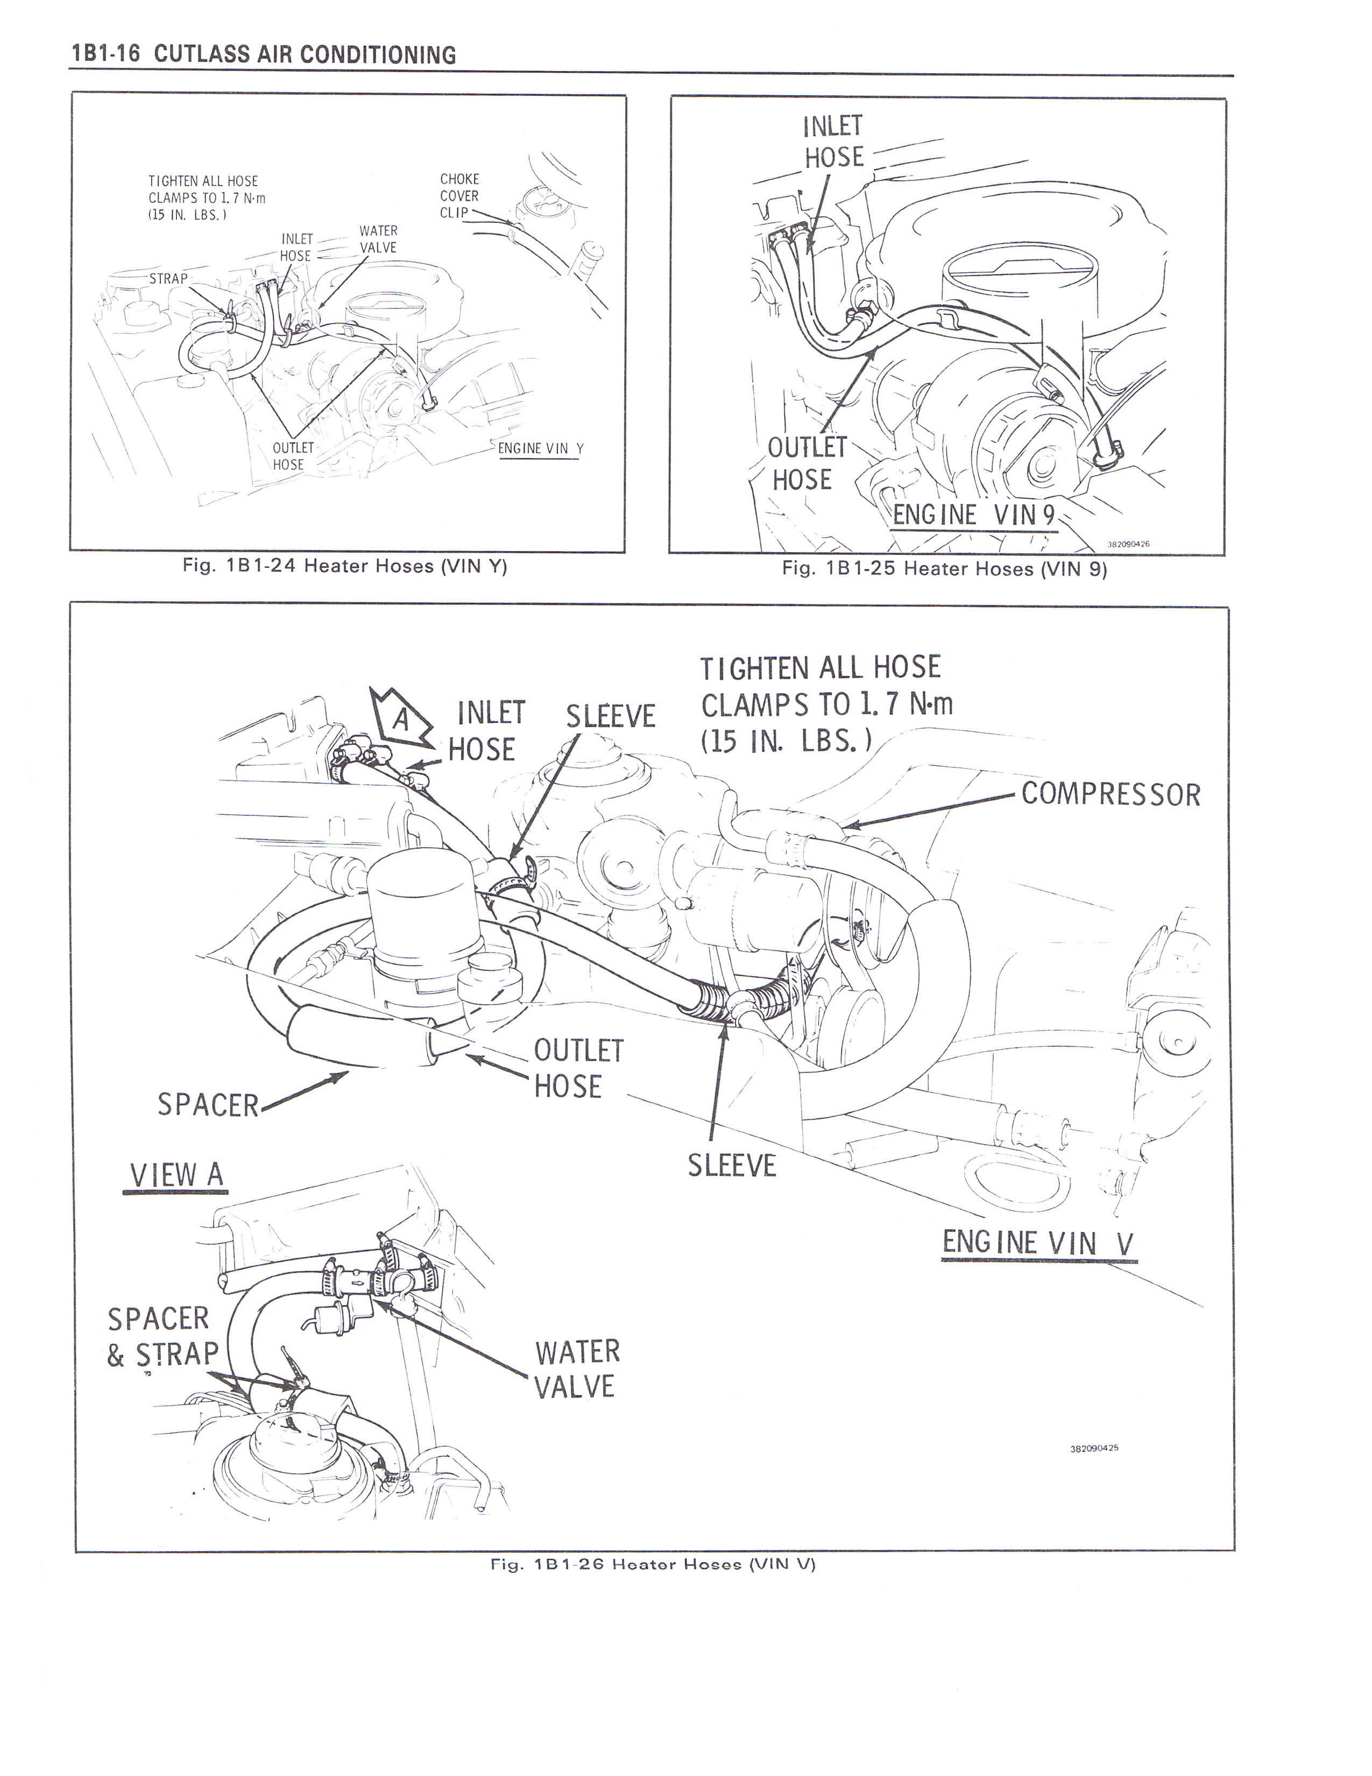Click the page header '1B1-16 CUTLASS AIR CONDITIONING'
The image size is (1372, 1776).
pyautogui.click(x=264, y=54)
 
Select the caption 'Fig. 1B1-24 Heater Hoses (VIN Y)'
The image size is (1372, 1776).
pyautogui.click(x=345, y=567)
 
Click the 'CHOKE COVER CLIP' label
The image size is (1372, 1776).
pyautogui.click(x=459, y=196)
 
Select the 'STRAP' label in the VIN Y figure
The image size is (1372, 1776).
pyautogui.click(x=168, y=279)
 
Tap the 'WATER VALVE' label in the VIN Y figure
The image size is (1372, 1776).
pyautogui.click(x=378, y=239)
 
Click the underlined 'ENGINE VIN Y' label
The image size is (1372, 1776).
pyautogui.click(x=541, y=449)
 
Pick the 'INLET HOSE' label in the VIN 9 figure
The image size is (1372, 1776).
pyautogui.click(x=833, y=142)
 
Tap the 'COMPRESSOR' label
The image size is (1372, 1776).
pyautogui.click(x=1111, y=794)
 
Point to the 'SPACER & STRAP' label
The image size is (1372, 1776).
pyautogui.click(x=162, y=1336)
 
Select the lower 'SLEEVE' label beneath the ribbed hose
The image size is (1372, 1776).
pyautogui.click(x=732, y=1165)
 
